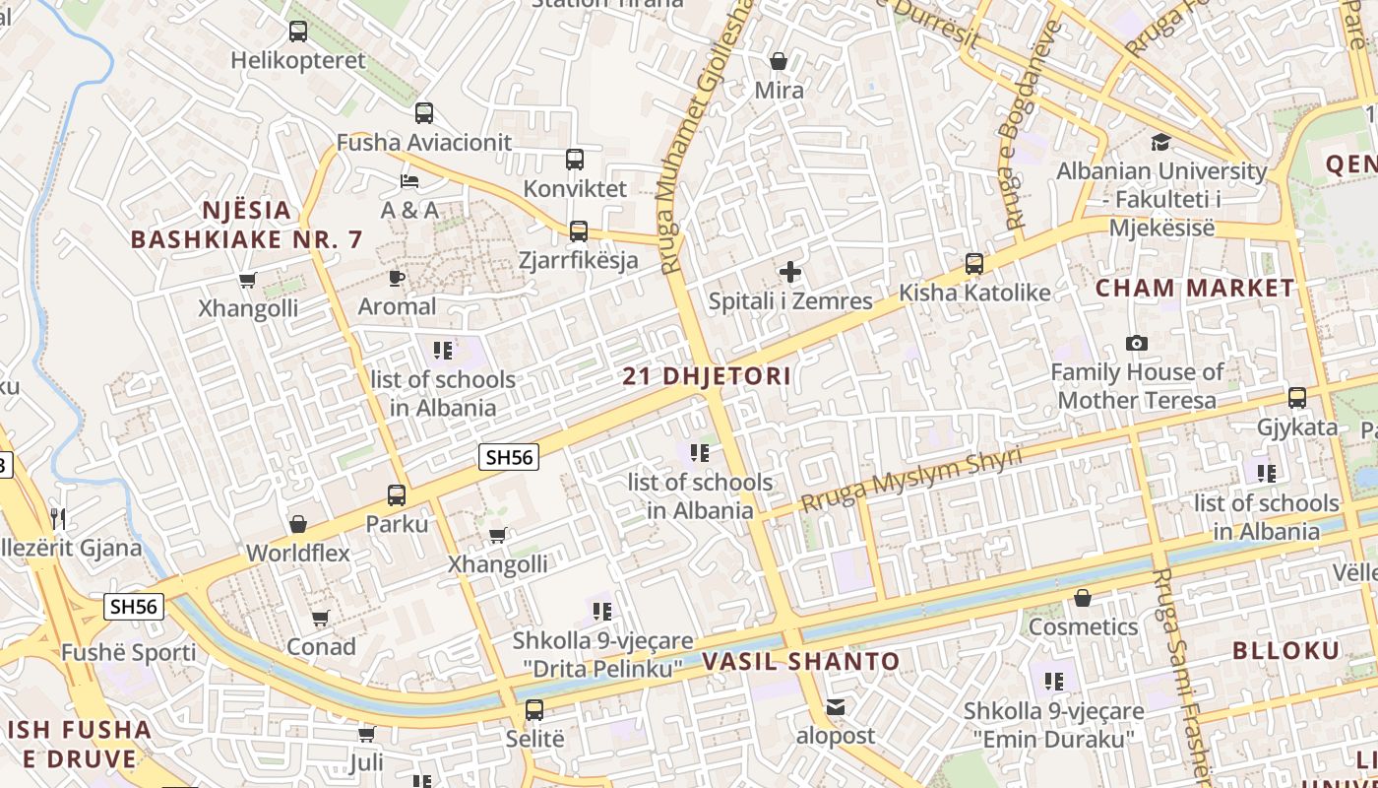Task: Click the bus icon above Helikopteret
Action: click(298, 32)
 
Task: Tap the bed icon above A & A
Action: click(409, 180)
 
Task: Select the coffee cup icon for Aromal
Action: click(397, 278)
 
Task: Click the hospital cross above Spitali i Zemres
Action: click(790, 272)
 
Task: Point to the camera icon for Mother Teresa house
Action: click(1137, 344)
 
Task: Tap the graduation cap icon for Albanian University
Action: click(1161, 143)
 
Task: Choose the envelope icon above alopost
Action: click(836, 706)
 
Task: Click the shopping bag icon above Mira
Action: click(779, 62)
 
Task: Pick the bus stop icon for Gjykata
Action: click(1297, 398)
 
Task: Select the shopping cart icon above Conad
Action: click(321, 619)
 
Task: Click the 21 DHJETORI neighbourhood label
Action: click(707, 376)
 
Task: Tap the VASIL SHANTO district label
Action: click(801, 662)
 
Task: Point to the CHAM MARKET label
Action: click(1195, 289)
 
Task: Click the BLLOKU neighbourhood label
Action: click(1285, 650)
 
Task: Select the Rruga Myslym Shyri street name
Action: click(910, 480)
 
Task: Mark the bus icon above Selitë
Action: click(534, 709)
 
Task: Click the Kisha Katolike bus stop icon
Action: click(974, 264)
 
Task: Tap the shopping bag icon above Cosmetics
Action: click(1083, 598)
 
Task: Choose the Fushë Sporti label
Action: click(129, 652)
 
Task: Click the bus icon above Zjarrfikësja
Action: click(579, 231)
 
